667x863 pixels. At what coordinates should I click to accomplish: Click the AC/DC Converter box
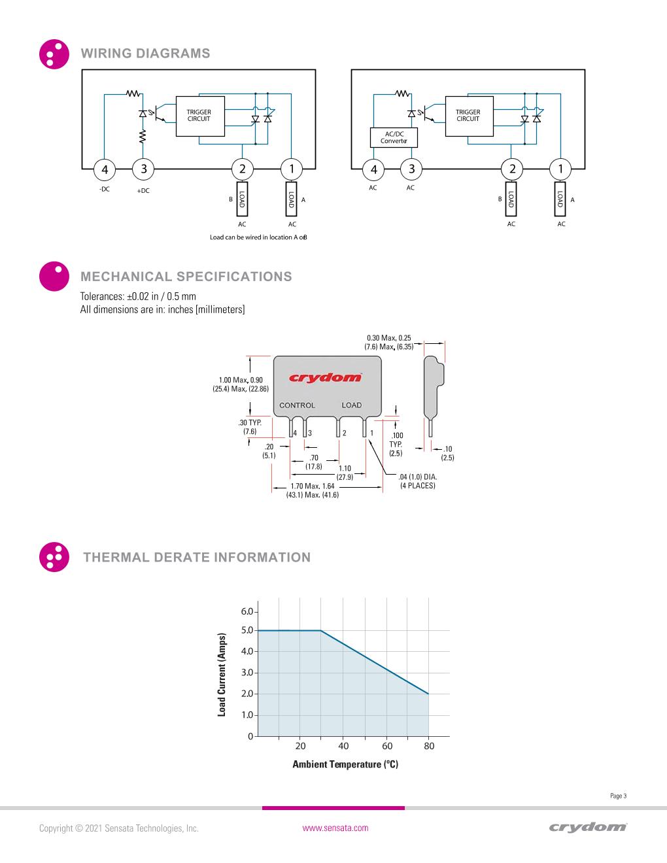click(394, 138)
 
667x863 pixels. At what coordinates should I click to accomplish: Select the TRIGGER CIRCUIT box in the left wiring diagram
click(199, 116)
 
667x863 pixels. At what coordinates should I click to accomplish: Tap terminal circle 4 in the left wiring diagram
click(105, 170)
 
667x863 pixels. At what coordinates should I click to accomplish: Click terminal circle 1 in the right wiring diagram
click(560, 169)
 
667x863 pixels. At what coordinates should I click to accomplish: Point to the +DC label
click(143, 191)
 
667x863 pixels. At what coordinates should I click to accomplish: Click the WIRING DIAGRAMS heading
click(145, 54)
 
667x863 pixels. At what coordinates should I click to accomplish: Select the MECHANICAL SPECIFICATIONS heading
click(186, 277)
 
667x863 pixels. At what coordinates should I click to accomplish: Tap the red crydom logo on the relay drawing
click(325, 377)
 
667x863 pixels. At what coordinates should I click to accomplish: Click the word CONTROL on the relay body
click(297, 405)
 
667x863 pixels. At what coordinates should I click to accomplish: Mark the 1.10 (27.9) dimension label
click(345, 473)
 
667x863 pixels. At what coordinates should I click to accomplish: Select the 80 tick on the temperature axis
click(429, 746)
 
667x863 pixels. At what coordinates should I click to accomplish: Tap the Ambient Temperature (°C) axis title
click(345, 764)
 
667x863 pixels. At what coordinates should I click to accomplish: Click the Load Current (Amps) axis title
click(222, 674)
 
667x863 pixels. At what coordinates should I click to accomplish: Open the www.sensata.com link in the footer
click(335, 828)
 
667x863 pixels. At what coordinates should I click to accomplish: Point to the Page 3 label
click(618, 796)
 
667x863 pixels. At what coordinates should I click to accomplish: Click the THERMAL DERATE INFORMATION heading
click(197, 558)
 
